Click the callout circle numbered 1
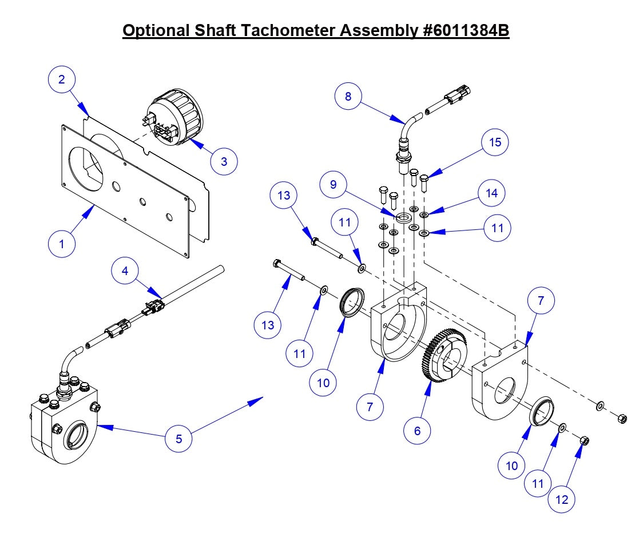click(62, 243)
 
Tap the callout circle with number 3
click(224, 161)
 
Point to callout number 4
click(125, 270)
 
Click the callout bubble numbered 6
click(417, 430)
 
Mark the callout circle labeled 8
click(348, 96)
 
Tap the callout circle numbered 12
click(562, 499)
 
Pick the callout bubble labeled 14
click(492, 193)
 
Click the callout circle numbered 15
click(495, 142)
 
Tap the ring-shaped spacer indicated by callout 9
click(404, 217)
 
